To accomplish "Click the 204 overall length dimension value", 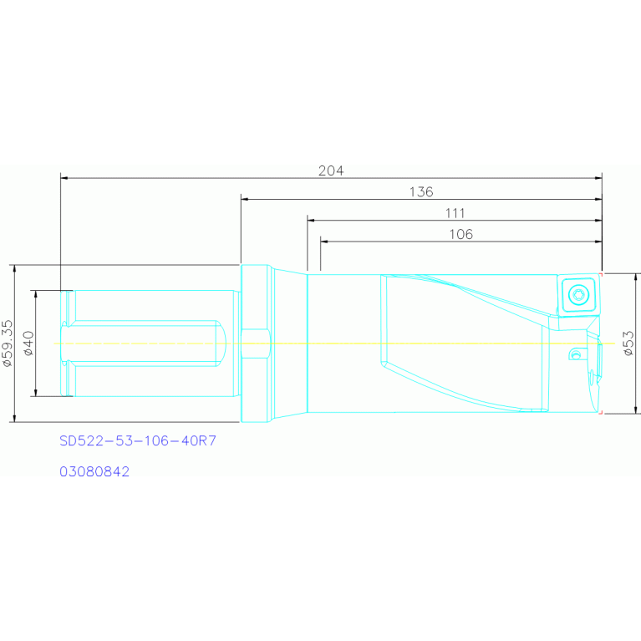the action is point(331,170).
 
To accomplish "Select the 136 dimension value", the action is point(421,191).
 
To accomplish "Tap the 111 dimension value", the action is point(455,213).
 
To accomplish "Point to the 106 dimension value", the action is point(460,234).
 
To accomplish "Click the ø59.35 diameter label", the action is point(8,343).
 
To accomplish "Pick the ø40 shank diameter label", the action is point(28,343).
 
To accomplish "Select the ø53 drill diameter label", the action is point(628,343).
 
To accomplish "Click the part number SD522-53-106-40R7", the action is point(138,440).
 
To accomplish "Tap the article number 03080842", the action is point(94,471).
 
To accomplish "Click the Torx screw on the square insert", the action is point(578,294).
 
